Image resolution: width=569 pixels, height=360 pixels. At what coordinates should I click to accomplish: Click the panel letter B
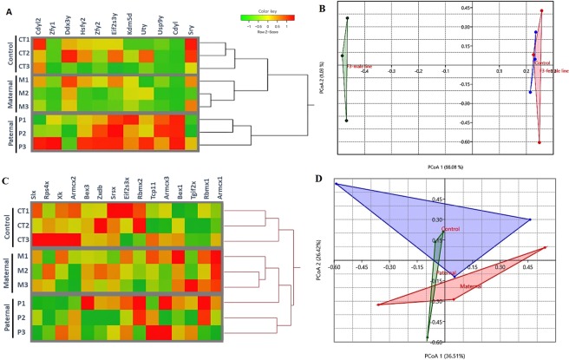324,7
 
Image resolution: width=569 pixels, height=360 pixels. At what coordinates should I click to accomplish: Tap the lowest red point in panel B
539,143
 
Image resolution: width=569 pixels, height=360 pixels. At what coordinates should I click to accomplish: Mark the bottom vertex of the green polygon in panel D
428,339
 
